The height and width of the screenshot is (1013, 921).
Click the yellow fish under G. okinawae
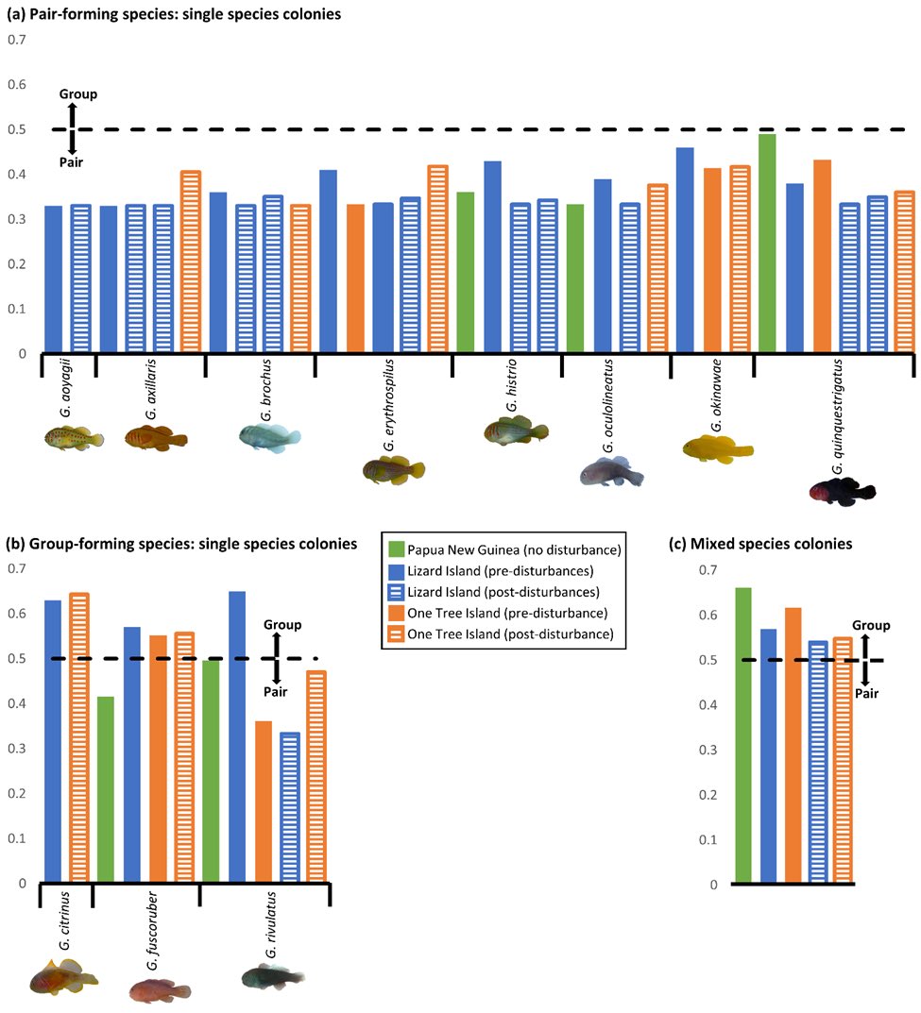(717, 449)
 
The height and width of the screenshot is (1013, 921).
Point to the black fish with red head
(842, 491)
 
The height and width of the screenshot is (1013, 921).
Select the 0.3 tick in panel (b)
(15, 748)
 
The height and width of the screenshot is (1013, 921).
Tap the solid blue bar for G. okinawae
(685, 250)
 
